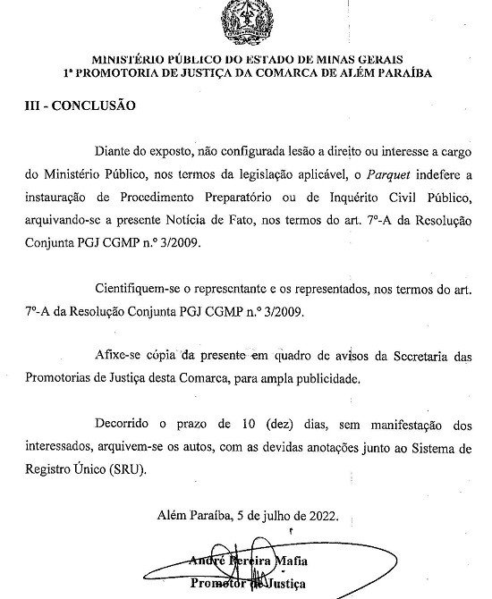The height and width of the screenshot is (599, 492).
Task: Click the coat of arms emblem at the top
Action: [244, 19]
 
